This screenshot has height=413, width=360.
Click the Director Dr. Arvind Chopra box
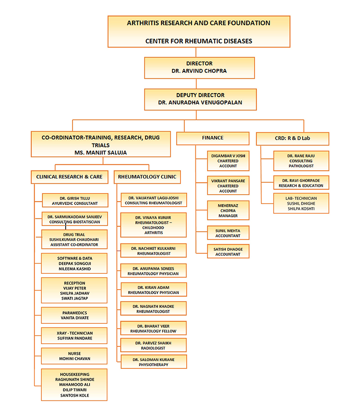199,68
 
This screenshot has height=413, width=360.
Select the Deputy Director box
200,99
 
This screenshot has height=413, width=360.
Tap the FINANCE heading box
213,138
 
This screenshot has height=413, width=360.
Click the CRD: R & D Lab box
292,139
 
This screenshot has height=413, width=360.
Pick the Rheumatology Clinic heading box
147,177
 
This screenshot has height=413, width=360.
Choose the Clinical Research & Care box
69,177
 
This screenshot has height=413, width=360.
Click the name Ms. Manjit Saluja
100,153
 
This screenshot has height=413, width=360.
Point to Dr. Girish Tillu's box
75,200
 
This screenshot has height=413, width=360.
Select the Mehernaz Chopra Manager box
228,210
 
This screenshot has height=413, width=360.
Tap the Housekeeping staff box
74,385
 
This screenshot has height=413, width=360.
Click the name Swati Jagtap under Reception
75,299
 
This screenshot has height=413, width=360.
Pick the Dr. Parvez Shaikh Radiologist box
153,345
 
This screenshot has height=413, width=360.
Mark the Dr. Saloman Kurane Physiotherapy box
154,362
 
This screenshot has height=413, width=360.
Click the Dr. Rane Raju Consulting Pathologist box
301,161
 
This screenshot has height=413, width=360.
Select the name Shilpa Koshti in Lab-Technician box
301,209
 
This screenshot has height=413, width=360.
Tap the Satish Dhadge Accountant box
228,252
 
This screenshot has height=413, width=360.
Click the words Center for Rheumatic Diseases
199,41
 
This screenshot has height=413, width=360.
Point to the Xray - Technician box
74,336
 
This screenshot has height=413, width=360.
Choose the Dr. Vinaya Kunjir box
153,225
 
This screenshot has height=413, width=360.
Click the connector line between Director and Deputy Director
196,84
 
